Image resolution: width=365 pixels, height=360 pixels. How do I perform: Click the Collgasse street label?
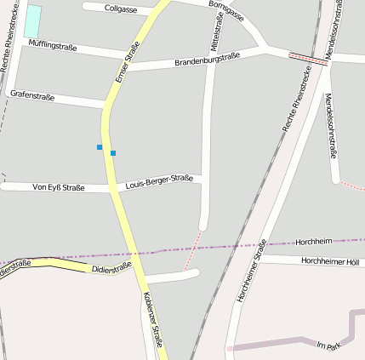pyautogui.click(x=121, y=8)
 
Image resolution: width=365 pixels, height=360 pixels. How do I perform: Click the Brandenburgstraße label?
pyautogui.click(x=207, y=59)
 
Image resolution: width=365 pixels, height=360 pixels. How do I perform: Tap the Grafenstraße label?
pyautogui.click(x=32, y=96)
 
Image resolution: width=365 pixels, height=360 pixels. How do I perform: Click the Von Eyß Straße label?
pyautogui.click(x=58, y=187)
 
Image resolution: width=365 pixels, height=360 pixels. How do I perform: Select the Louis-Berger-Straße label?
pyautogui.click(x=159, y=181)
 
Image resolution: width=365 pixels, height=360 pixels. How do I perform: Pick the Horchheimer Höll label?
pyautogui.click(x=330, y=260)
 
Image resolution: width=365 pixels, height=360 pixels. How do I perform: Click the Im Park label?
pyautogui.click(x=328, y=345)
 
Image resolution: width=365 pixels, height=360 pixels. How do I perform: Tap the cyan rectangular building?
pyautogui.click(x=32, y=20)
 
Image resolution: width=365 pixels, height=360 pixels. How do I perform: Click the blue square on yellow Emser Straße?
pyautogui.click(x=113, y=153)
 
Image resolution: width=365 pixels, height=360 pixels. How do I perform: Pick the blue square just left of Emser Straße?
pyautogui.click(x=100, y=147)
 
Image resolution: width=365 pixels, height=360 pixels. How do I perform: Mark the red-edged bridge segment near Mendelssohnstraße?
pyautogui.click(x=308, y=59)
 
